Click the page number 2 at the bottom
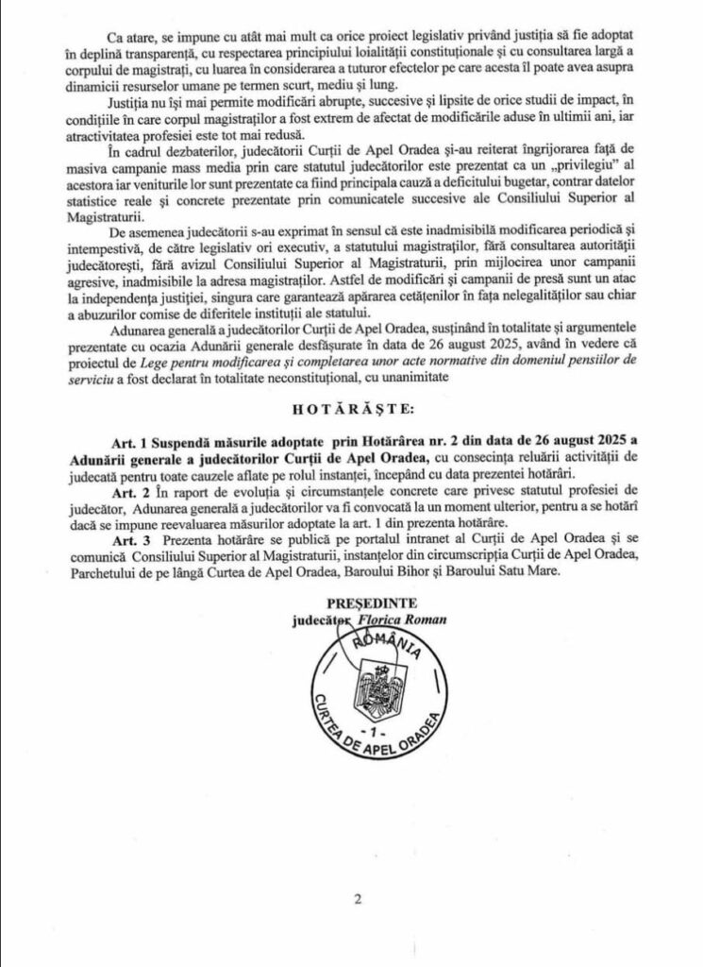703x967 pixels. click(x=358, y=898)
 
